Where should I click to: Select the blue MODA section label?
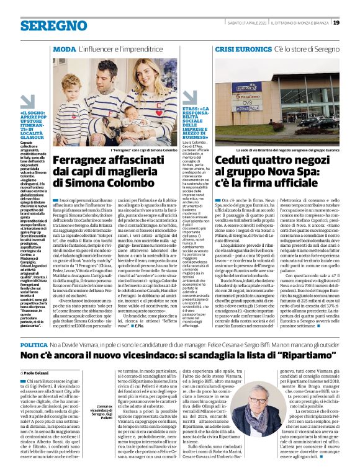click(x=65, y=48)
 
